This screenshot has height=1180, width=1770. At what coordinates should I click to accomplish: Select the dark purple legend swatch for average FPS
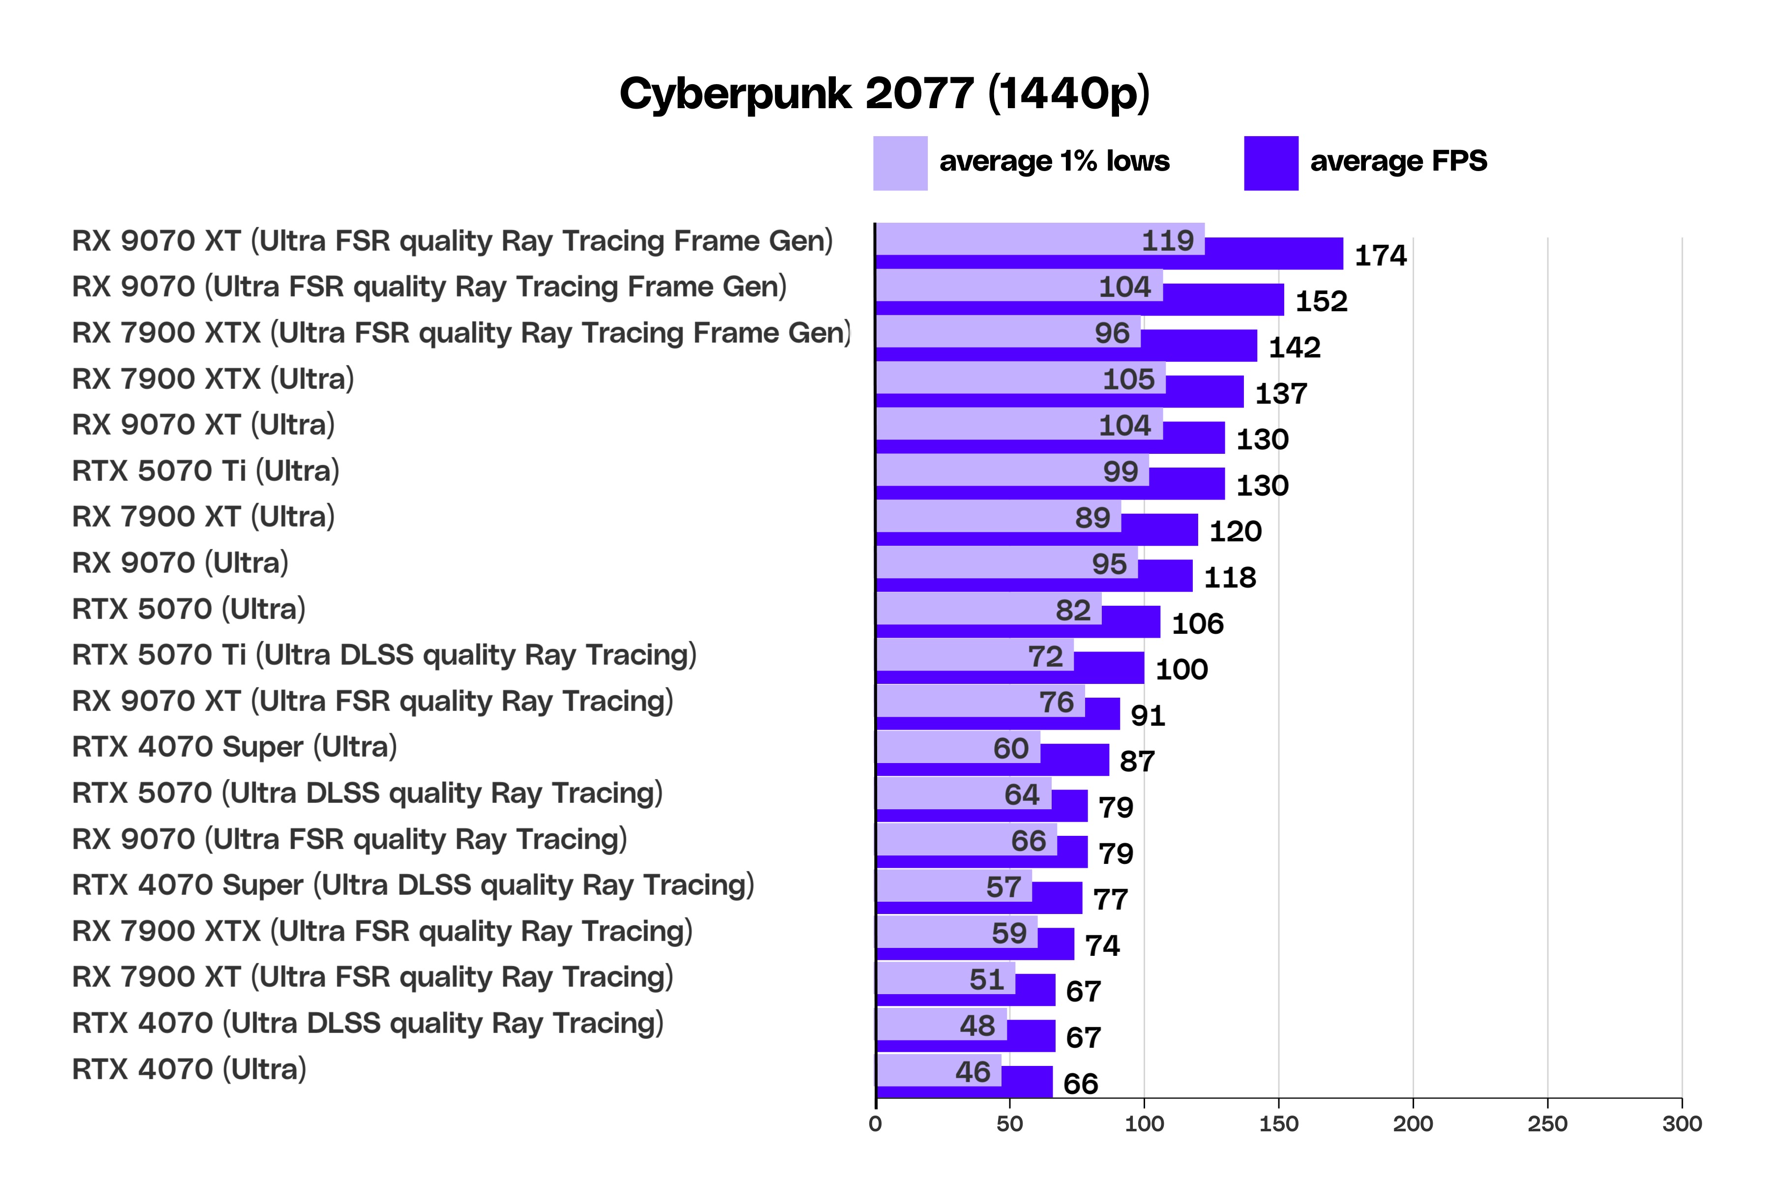1270,163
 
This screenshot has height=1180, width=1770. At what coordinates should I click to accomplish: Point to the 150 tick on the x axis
1279,1123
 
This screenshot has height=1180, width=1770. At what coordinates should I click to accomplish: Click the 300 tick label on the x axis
1682,1123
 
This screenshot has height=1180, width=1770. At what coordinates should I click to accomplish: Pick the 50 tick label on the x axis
1009,1123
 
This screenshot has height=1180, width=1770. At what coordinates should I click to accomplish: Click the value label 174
1380,256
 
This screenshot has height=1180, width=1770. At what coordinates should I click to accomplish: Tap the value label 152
1321,302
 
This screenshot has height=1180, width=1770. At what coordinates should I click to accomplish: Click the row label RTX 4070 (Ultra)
189,1069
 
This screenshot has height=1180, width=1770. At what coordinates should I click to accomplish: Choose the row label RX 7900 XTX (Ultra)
213,379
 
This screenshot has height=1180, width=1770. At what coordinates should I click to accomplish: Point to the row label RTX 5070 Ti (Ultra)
206,471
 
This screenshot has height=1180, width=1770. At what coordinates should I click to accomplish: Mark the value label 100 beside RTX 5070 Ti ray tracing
1181,670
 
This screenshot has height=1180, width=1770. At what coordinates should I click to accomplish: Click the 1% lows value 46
973,1072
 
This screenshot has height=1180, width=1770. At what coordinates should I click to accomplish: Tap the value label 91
1148,716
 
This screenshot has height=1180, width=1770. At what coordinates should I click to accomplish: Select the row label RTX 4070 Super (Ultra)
234,747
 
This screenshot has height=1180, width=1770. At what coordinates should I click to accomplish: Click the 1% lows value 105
1128,379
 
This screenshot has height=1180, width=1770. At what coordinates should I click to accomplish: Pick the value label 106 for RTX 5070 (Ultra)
1197,624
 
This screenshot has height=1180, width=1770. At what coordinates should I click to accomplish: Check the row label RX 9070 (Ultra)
180,563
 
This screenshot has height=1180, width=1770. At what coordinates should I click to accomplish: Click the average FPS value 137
1281,394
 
